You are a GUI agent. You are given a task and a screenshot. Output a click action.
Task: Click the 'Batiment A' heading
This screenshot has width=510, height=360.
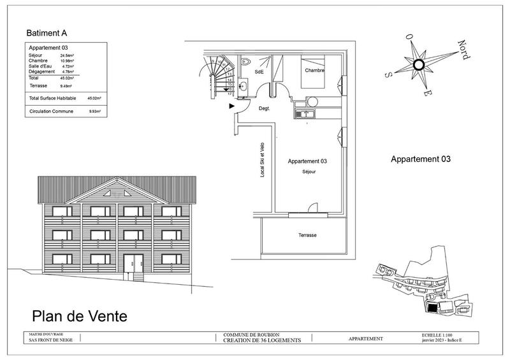tap(47, 32)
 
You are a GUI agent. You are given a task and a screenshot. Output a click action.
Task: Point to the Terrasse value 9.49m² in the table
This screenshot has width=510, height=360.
tap(66, 85)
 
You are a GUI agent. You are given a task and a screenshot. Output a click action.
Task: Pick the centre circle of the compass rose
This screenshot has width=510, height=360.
tap(418, 64)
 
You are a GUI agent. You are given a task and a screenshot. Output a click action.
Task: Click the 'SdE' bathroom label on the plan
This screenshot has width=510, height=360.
tap(259, 72)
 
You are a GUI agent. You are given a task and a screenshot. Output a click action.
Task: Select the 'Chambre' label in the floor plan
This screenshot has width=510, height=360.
tap(314, 70)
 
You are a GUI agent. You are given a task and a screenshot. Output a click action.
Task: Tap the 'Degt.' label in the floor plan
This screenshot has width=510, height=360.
tap(264, 108)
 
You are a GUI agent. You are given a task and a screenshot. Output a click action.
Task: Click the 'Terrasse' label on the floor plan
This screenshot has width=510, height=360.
tap(307, 235)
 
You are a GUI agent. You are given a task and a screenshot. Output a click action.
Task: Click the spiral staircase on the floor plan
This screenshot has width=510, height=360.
tap(215, 74)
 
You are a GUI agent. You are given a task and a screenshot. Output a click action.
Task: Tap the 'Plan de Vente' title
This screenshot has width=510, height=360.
tap(80, 315)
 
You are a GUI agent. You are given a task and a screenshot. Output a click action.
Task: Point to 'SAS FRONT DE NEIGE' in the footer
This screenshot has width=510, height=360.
tap(52, 340)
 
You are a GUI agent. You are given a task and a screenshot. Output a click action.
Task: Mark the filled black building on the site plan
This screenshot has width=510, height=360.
tap(433, 307)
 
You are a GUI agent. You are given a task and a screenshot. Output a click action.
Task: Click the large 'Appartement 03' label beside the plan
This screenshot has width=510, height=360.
tap(421, 159)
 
